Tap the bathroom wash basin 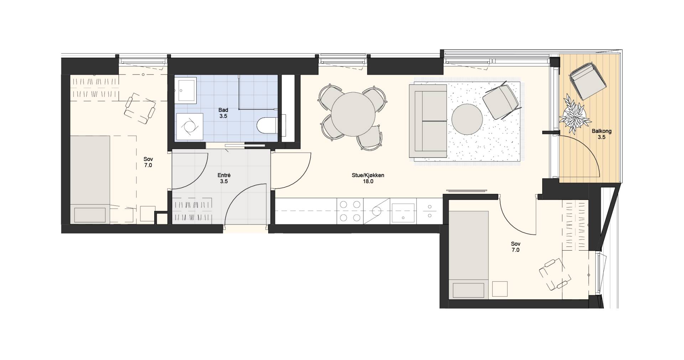(x=186, y=90)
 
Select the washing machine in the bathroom (x=189, y=127)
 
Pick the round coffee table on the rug (x=467, y=119)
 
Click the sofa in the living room (x=428, y=121)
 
